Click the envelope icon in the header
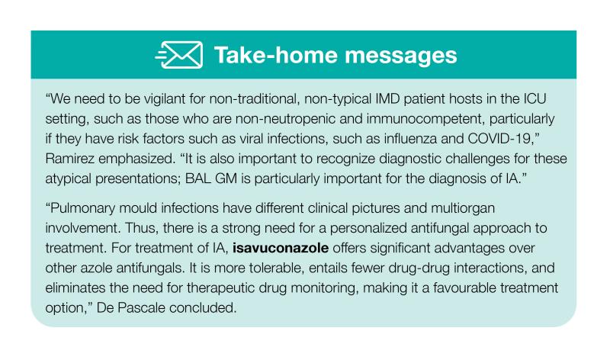click(179, 55)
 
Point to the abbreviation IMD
click(388, 99)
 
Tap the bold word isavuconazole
click(281, 249)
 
